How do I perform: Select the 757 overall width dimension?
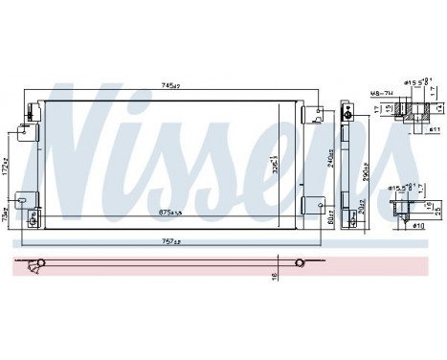coord(171,241)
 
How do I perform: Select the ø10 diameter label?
coord(420,228)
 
